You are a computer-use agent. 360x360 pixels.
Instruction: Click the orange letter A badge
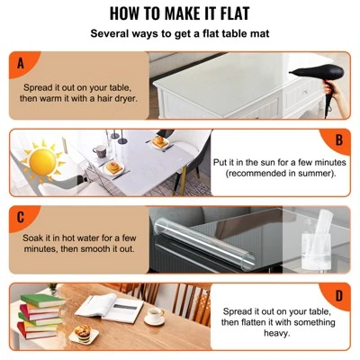click(20, 62)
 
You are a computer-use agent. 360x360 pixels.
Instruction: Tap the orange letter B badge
click(339, 139)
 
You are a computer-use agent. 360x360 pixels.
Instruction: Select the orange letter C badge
click(20, 217)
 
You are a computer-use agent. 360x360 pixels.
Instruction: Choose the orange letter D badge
click(339, 294)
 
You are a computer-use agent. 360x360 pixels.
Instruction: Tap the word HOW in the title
click(129, 15)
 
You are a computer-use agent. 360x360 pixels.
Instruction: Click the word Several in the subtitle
click(112, 34)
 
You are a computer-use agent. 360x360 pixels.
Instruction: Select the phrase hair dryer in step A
click(111, 97)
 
